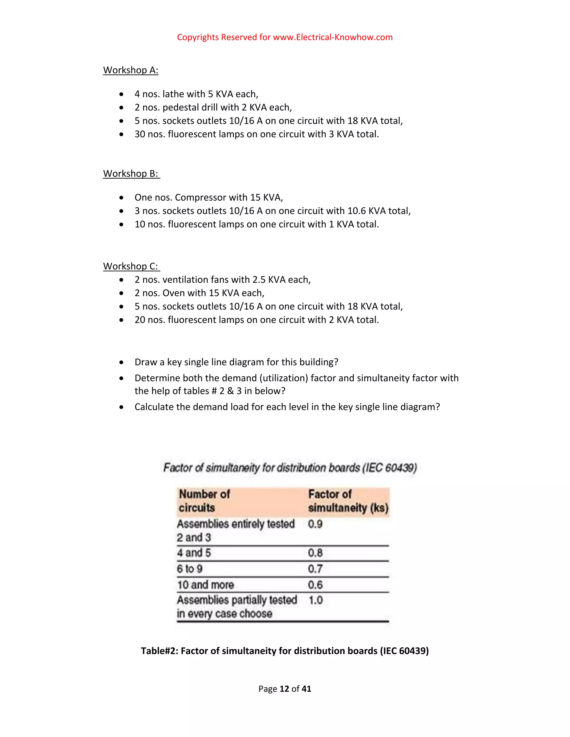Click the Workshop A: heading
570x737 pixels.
click(131, 70)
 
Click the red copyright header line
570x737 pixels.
click(285, 37)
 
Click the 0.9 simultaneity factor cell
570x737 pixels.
click(315, 524)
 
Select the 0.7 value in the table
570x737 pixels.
click(315, 569)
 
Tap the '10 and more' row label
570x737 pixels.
click(206, 585)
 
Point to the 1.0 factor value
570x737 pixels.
click(315, 600)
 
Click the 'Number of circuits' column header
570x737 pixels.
click(204, 501)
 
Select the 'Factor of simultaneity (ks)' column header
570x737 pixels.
click(348, 501)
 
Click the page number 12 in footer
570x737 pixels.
click(284, 689)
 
